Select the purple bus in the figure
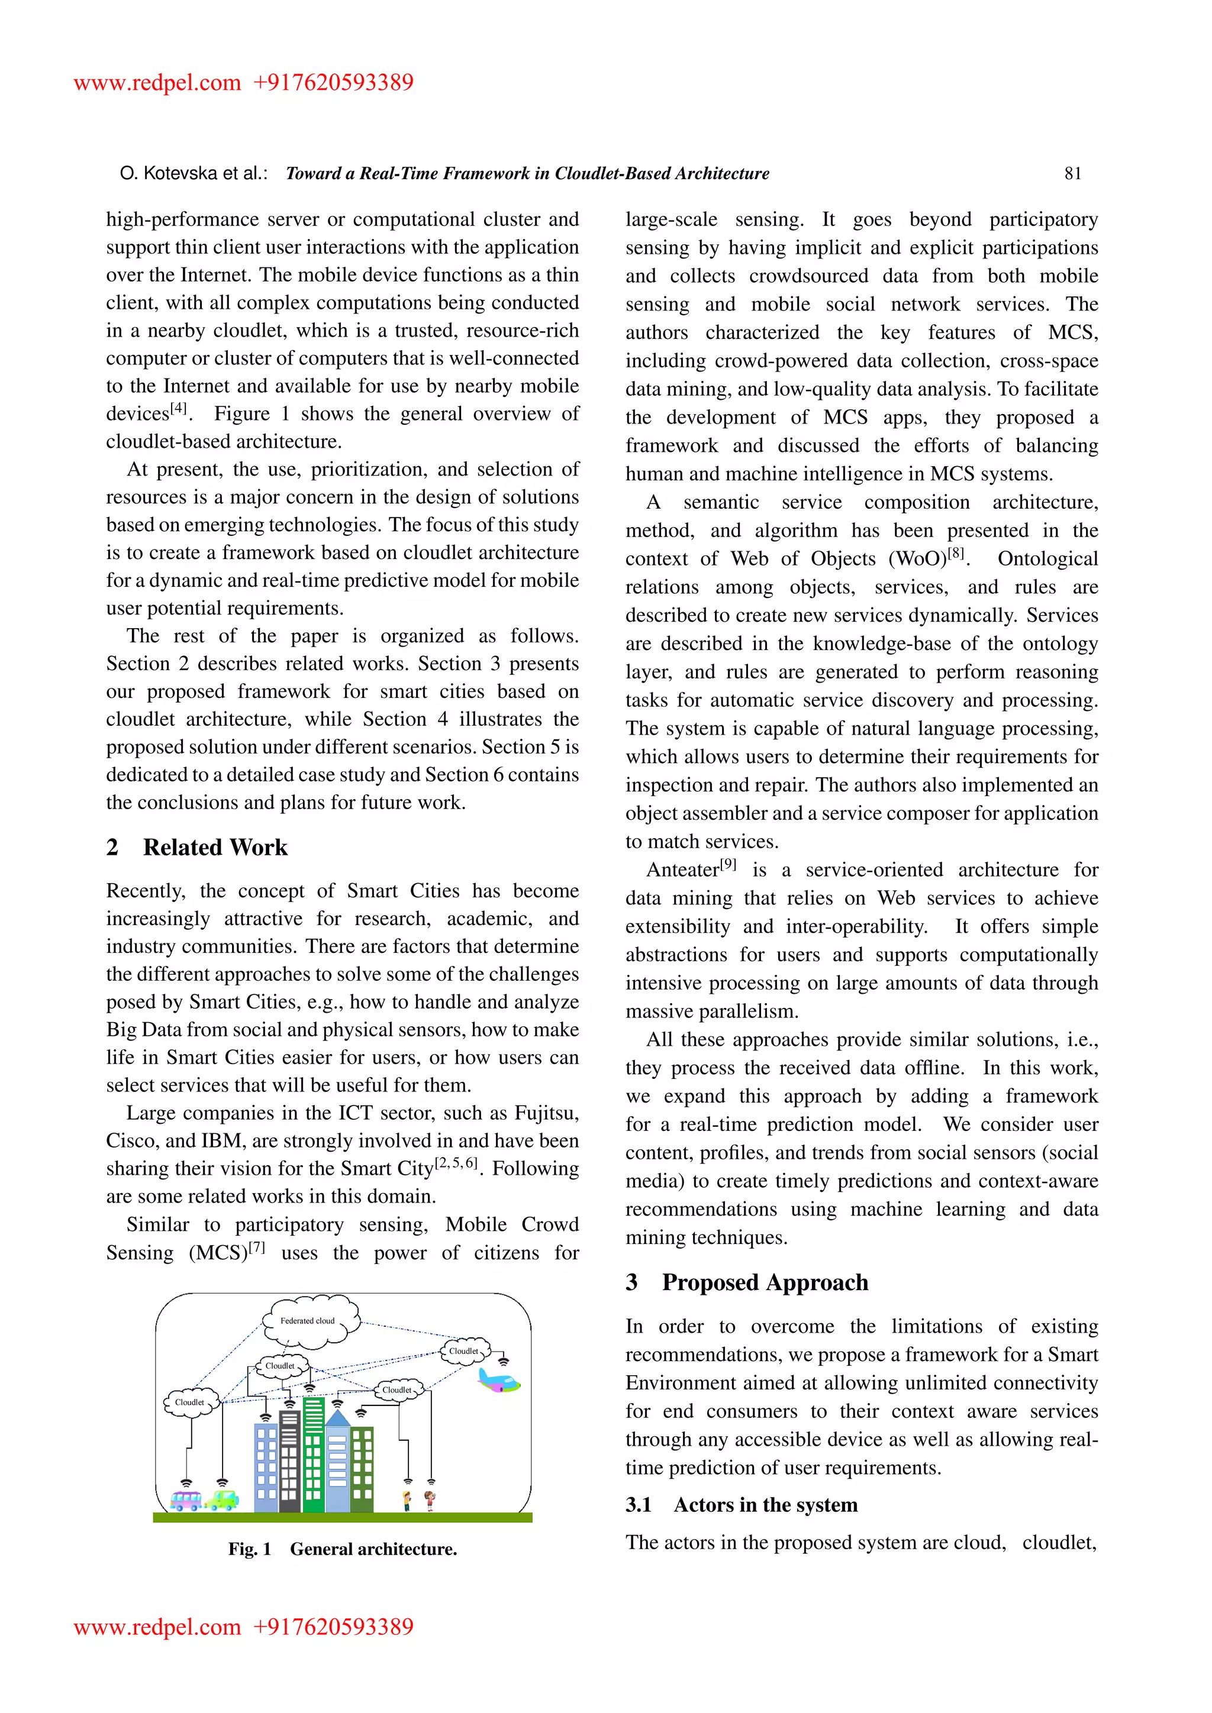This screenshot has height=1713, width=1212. click(x=186, y=1499)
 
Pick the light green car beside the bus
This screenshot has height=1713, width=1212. click(x=222, y=1499)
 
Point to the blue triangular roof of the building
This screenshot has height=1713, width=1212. click(x=337, y=1418)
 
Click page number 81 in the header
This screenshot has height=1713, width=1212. click(x=1072, y=174)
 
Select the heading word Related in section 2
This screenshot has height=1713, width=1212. click(x=183, y=848)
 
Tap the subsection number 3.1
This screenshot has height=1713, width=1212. click(x=639, y=1505)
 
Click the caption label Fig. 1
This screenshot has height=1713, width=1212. click(x=249, y=1550)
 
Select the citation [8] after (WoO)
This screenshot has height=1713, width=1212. click(x=956, y=554)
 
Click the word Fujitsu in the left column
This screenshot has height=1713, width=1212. click(x=545, y=1113)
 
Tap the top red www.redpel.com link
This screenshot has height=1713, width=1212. click(x=157, y=83)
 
